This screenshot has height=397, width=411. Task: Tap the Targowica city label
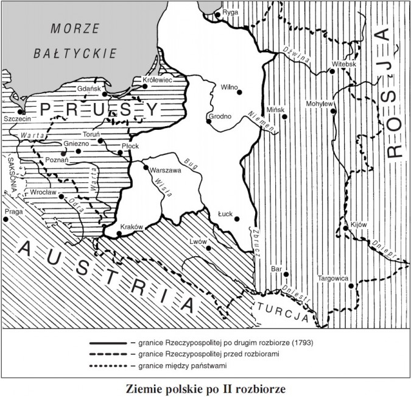coord(332,279)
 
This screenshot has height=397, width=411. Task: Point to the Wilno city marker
coord(239,92)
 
